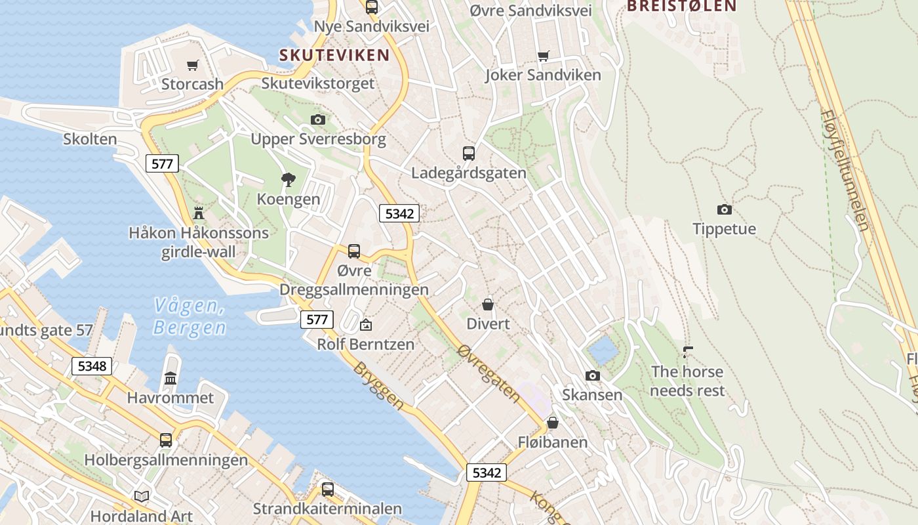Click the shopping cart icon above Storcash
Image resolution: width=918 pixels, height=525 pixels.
pos(192,65)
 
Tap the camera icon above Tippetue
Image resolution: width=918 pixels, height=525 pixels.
pos(724,209)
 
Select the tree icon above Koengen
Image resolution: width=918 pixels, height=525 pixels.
pos(288,179)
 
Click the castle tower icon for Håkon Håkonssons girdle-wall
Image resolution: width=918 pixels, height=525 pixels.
pos(199,213)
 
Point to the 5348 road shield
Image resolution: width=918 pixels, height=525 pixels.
pos(92,366)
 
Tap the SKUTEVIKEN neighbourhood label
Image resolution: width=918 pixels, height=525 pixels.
pos(334,55)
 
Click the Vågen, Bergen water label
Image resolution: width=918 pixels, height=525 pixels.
pos(190,316)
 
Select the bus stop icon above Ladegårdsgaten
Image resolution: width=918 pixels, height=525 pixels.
pos(468,154)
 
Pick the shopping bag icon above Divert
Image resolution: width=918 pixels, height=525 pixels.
pos(487,304)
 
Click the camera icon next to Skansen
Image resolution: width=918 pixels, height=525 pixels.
pos(592,375)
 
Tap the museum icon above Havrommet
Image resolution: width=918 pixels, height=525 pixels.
pos(170,378)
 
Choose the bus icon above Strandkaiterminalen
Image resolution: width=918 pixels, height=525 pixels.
pos(327,489)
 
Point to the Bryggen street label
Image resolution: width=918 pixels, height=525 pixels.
pos(379,386)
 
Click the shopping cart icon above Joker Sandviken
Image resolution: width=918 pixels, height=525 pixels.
pos(543,56)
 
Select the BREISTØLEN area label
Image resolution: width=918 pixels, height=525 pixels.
pos(682,7)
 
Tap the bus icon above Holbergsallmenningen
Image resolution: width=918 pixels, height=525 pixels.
pos(166,440)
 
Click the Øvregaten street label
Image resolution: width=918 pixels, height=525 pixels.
pos(489,373)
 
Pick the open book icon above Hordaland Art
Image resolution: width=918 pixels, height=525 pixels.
pos(142,496)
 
